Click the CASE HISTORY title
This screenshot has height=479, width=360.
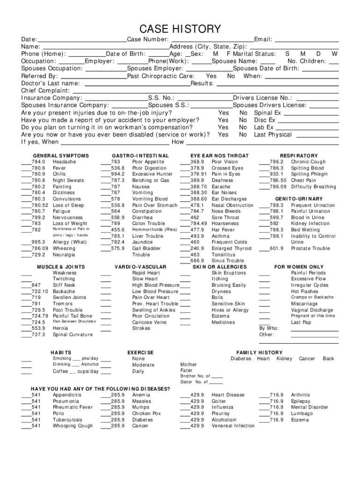180,29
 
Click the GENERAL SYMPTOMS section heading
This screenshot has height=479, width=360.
60,156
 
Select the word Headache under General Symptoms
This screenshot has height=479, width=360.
64,162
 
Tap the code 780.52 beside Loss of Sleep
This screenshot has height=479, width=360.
40,205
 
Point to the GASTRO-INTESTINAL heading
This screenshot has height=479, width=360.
140,156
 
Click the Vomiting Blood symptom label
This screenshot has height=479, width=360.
150,199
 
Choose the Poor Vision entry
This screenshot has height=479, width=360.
224,162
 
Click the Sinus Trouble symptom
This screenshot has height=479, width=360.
228,261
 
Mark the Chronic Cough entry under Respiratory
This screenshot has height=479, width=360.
308,162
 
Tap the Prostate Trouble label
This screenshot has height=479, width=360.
310,248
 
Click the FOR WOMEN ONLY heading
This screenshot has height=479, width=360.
299,267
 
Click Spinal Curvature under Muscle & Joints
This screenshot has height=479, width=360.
72,334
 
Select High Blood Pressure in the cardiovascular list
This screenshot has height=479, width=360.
156,285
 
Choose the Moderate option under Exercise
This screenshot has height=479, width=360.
143,365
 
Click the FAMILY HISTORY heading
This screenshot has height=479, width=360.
259,353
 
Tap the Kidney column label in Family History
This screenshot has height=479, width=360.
284,359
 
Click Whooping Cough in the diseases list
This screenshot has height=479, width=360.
72,426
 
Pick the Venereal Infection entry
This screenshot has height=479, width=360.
233,426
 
